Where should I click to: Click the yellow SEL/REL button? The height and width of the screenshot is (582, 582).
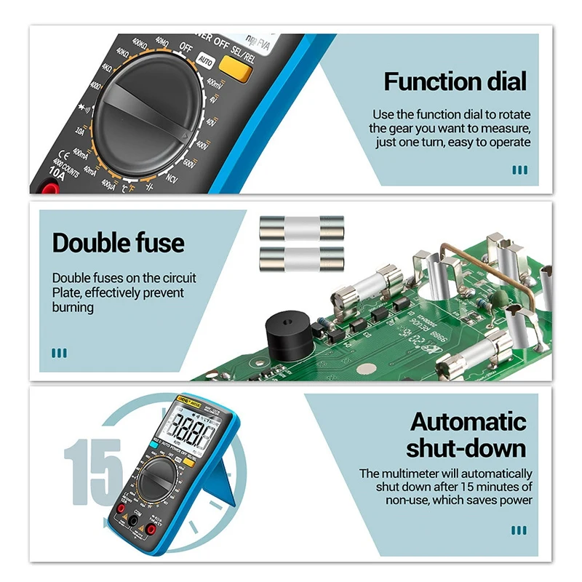pyautogui.click(x=236, y=68)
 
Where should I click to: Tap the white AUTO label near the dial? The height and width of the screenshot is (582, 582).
pyautogui.click(x=205, y=63)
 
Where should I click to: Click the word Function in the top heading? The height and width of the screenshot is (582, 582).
pyautogui.click(x=427, y=81)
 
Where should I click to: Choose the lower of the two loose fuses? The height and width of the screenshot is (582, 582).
pyautogui.click(x=301, y=257)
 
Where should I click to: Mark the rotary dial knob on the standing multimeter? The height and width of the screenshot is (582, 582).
pyautogui.click(x=155, y=482)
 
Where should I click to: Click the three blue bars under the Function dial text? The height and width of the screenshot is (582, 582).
pyautogui.click(x=519, y=170)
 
